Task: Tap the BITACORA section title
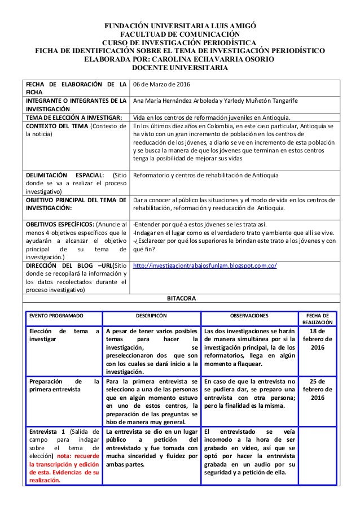click(180, 298)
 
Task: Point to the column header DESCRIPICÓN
click(152, 316)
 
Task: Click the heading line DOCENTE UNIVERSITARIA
click(179, 68)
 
